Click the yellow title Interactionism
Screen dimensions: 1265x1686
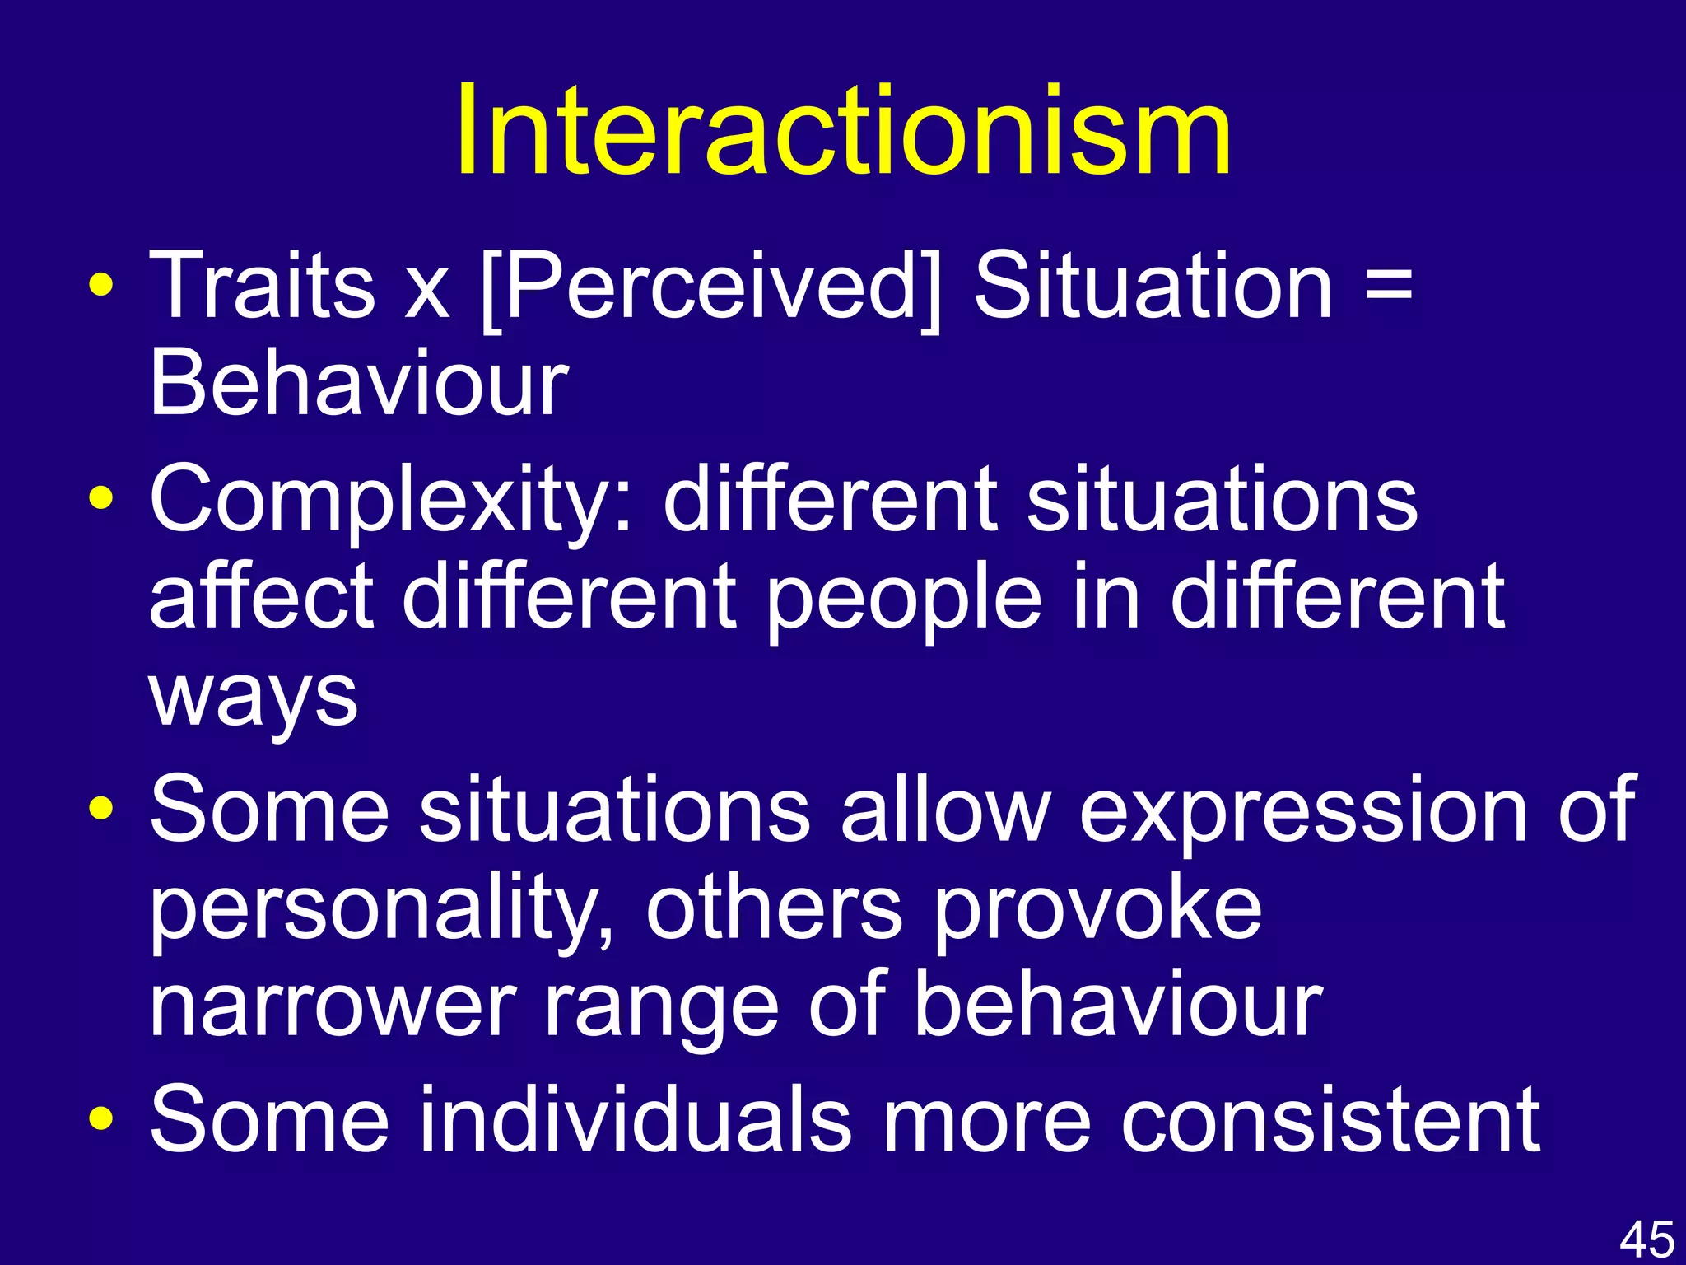(843, 132)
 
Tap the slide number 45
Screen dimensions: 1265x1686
(1646, 1239)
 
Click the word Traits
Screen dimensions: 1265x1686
(262, 286)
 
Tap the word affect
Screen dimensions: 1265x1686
(262, 597)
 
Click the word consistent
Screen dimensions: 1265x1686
(1329, 1120)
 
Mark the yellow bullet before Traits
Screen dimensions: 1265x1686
(101, 287)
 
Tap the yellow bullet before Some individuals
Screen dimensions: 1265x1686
(101, 1121)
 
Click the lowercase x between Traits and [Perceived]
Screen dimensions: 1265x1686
(427, 292)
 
